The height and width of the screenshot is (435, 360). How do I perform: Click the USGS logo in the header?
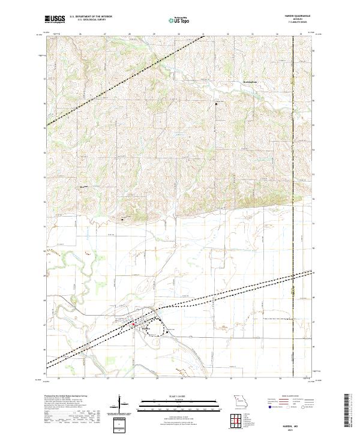coord(55,19)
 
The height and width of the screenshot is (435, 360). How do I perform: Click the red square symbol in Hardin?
coord(133,324)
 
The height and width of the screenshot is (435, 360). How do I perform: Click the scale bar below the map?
coord(174,403)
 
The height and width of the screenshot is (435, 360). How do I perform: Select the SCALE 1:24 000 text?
coord(174,396)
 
